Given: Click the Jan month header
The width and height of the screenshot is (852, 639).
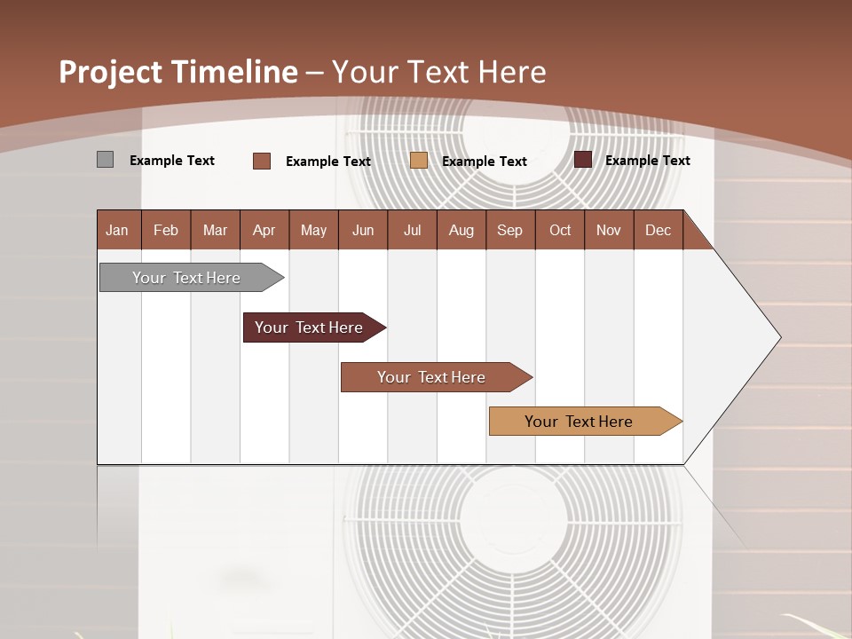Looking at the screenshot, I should coord(117,230).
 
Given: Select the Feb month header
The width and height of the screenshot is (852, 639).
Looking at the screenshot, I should coord(166,230).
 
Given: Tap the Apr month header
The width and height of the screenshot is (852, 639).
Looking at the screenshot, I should coord(264,230).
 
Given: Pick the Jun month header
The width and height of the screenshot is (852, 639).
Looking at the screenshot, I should coord(363,230).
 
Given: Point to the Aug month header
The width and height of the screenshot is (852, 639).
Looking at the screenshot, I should coord(461,230).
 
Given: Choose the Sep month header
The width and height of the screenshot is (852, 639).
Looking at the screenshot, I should coord(509,230).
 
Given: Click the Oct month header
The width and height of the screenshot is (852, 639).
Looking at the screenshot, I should coord(560,230).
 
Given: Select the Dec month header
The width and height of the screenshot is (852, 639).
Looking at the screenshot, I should coord(658,230).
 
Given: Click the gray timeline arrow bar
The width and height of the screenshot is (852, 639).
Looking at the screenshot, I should coord(186,278).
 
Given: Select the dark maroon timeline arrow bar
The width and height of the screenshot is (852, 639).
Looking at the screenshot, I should coord(309,327).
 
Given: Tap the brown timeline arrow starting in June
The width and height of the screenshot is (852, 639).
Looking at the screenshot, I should coord(431,377).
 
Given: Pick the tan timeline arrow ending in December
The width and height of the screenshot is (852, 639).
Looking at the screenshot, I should coord(579,422).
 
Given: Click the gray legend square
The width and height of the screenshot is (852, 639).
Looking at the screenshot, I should coord(105,160).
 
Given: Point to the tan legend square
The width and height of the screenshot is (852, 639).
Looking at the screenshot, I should coord(419,161).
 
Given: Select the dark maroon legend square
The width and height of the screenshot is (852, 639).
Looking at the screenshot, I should coord(583,160).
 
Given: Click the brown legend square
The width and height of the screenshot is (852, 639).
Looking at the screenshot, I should coord(262,161).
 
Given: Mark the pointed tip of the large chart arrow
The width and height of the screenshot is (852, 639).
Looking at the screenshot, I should coord(779,337).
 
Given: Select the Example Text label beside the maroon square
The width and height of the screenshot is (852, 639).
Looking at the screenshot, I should coord(647,161).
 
